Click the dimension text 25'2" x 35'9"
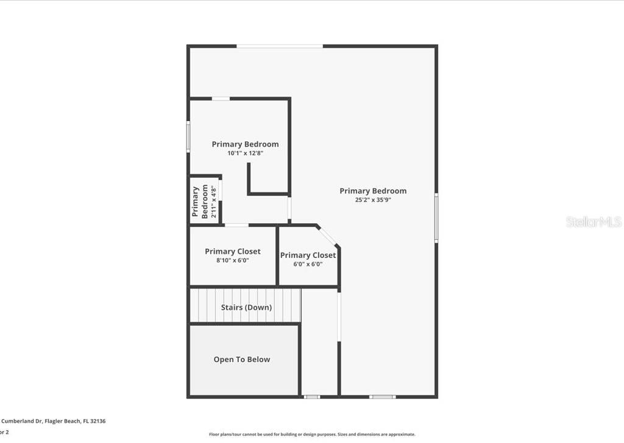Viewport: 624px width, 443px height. pyautogui.click(x=372, y=200)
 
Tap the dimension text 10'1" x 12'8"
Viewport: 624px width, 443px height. pyautogui.click(x=245, y=153)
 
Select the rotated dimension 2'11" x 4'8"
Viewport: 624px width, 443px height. pyautogui.click(x=213, y=202)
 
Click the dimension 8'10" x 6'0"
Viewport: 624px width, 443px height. pyautogui.click(x=232, y=260)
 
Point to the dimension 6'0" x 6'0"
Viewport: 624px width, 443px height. pyautogui.click(x=308, y=264)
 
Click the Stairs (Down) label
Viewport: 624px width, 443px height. pyautogui.click(x=246, y=307)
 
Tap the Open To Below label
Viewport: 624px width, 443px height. pyautogui.click(x=241, y=360)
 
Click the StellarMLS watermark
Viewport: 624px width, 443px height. pyautogui.click(x=593, y=221)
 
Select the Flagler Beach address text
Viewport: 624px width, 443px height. pyautogui.click(x=53, y=420)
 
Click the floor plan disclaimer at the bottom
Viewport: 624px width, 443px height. pyautogui.click(x=312, y=434)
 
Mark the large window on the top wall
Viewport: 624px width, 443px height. pyautogui.click(x=280, y=46)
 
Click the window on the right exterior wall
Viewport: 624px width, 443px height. pyautogui.click(x=436, y=218)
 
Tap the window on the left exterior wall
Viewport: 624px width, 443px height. pyautogui.click(x=188, y=136)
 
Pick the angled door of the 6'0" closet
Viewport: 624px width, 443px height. pyautogui.click(x=327, y=236)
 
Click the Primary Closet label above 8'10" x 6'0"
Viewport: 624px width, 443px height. pyautogui.click(x=232, y=251)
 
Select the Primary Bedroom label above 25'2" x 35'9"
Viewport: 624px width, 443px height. pyautogui.click(x=372, y=190)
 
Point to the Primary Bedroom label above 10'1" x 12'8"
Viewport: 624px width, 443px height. pyautogui.click(x=245, y=144)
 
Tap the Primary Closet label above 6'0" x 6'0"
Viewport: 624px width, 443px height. pyautogui.click(x=308, y=255)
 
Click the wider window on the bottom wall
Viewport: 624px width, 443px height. pyautogui.click(x=382, y=397)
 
